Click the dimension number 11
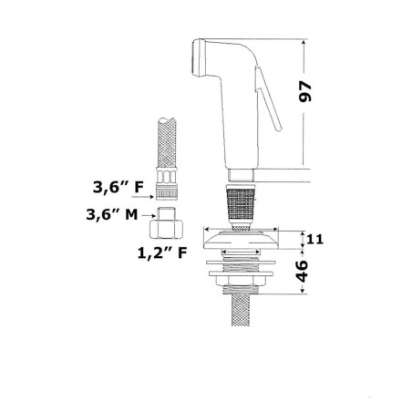[315, 240]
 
